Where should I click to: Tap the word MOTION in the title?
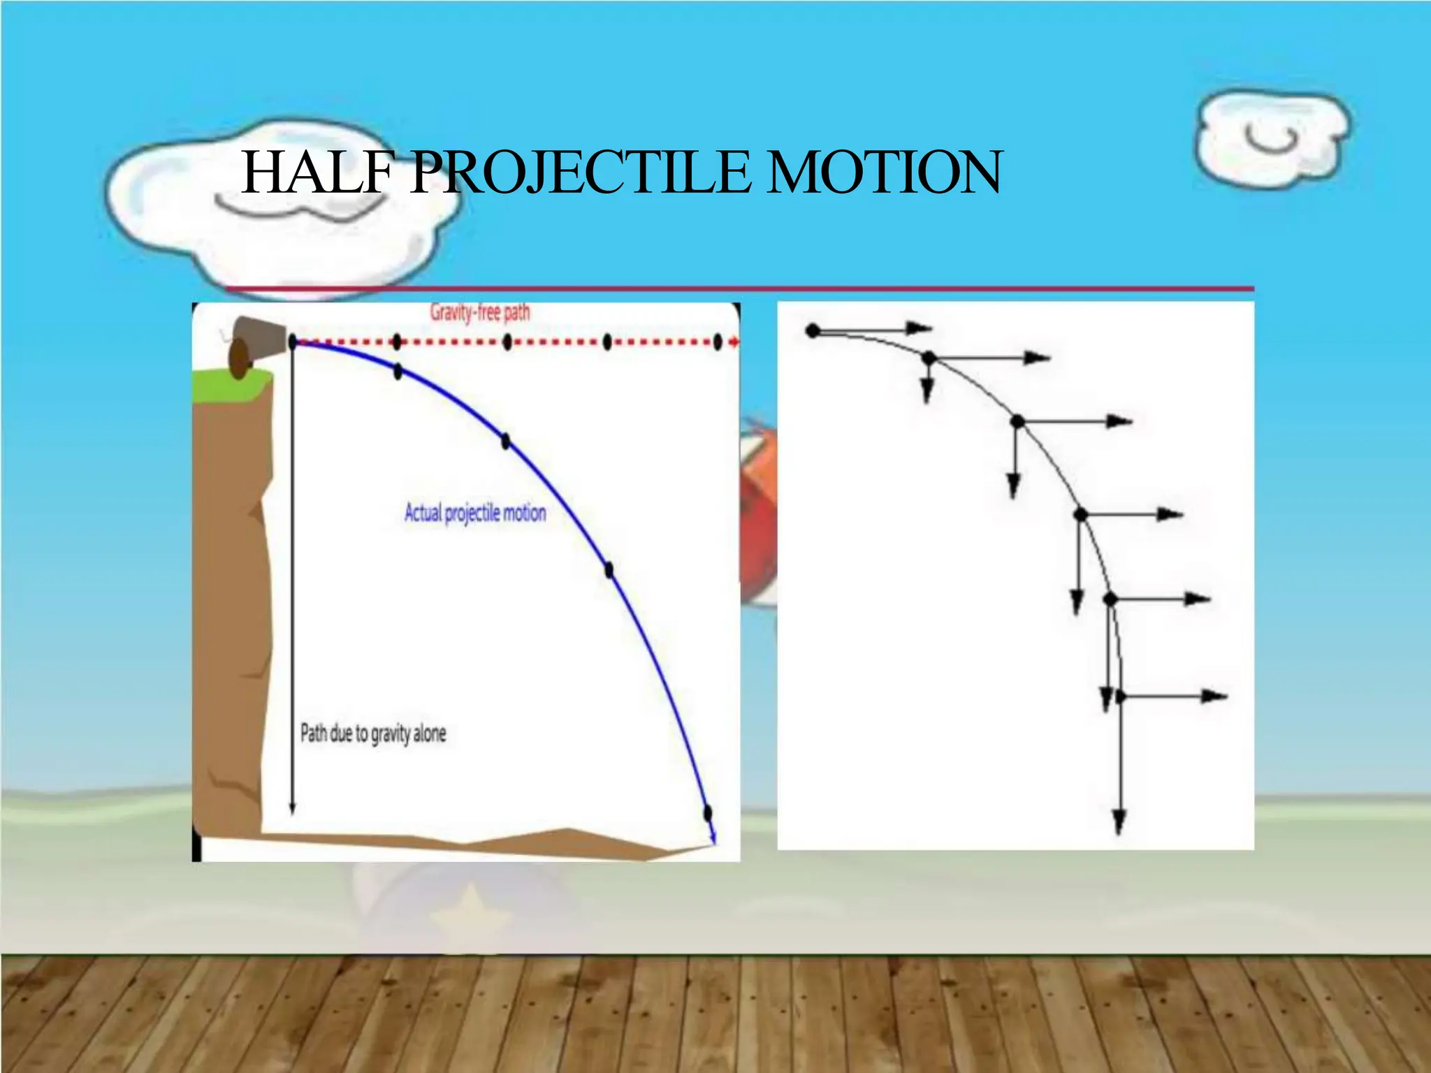[x=883, y=173]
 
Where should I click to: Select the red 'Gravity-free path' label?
[x=480, y=312]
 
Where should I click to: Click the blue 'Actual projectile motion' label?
[x=475, y=513]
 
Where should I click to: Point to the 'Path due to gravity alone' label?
[x=373, y=733]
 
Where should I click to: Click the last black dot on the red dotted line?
[x=717, y=342]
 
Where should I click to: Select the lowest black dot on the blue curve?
[x=707, y=812]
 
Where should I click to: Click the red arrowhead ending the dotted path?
[x=734, y=342]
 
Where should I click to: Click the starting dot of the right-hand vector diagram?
[x=813, y=330]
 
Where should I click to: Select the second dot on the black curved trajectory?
[x=928, y=358]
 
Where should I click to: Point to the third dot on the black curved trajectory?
[x=1017, y=421]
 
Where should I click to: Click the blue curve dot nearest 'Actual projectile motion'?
[x=505, y=441]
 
